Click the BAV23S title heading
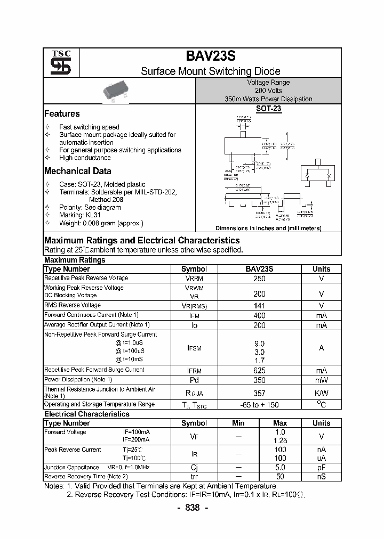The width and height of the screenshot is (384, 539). [210, 56]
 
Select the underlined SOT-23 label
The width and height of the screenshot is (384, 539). [268, 108]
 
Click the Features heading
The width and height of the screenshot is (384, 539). [62, 113]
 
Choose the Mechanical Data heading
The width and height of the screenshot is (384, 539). [77, 171]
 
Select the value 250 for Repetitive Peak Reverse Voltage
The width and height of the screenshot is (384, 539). [259, 278]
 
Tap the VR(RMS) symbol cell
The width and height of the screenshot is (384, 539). [194, 306]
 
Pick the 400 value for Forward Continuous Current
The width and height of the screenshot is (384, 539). [259, 315]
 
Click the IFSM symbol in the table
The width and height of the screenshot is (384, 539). [194, 347]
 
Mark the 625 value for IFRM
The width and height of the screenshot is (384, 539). [259, 370]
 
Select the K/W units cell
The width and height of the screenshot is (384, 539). [321, 393]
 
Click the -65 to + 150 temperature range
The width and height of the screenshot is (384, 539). [259, 405]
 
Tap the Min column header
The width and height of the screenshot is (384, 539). [238, 423]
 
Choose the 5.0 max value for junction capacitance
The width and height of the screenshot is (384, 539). [280, 467]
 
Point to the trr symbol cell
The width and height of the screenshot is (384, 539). [194, 477]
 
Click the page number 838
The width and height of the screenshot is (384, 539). [192, 508]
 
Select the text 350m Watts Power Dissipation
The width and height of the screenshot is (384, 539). [268, 99]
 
